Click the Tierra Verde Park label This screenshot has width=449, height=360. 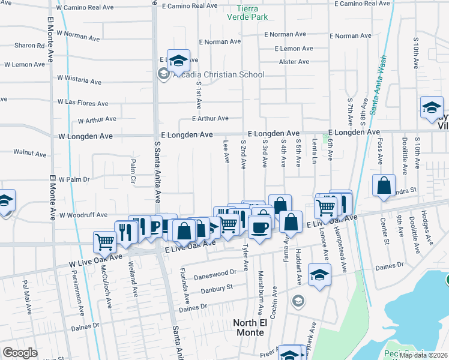pos(252,12)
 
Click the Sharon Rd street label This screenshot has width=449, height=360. pos(30,46)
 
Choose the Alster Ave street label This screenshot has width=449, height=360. pos(294,62)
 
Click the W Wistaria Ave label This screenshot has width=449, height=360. pos(79,80)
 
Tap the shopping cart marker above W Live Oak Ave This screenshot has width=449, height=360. pos(104,242)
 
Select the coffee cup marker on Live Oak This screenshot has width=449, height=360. pos(259,228)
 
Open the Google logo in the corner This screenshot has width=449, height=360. pos(20,353)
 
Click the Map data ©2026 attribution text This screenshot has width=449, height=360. pos(423,355)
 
